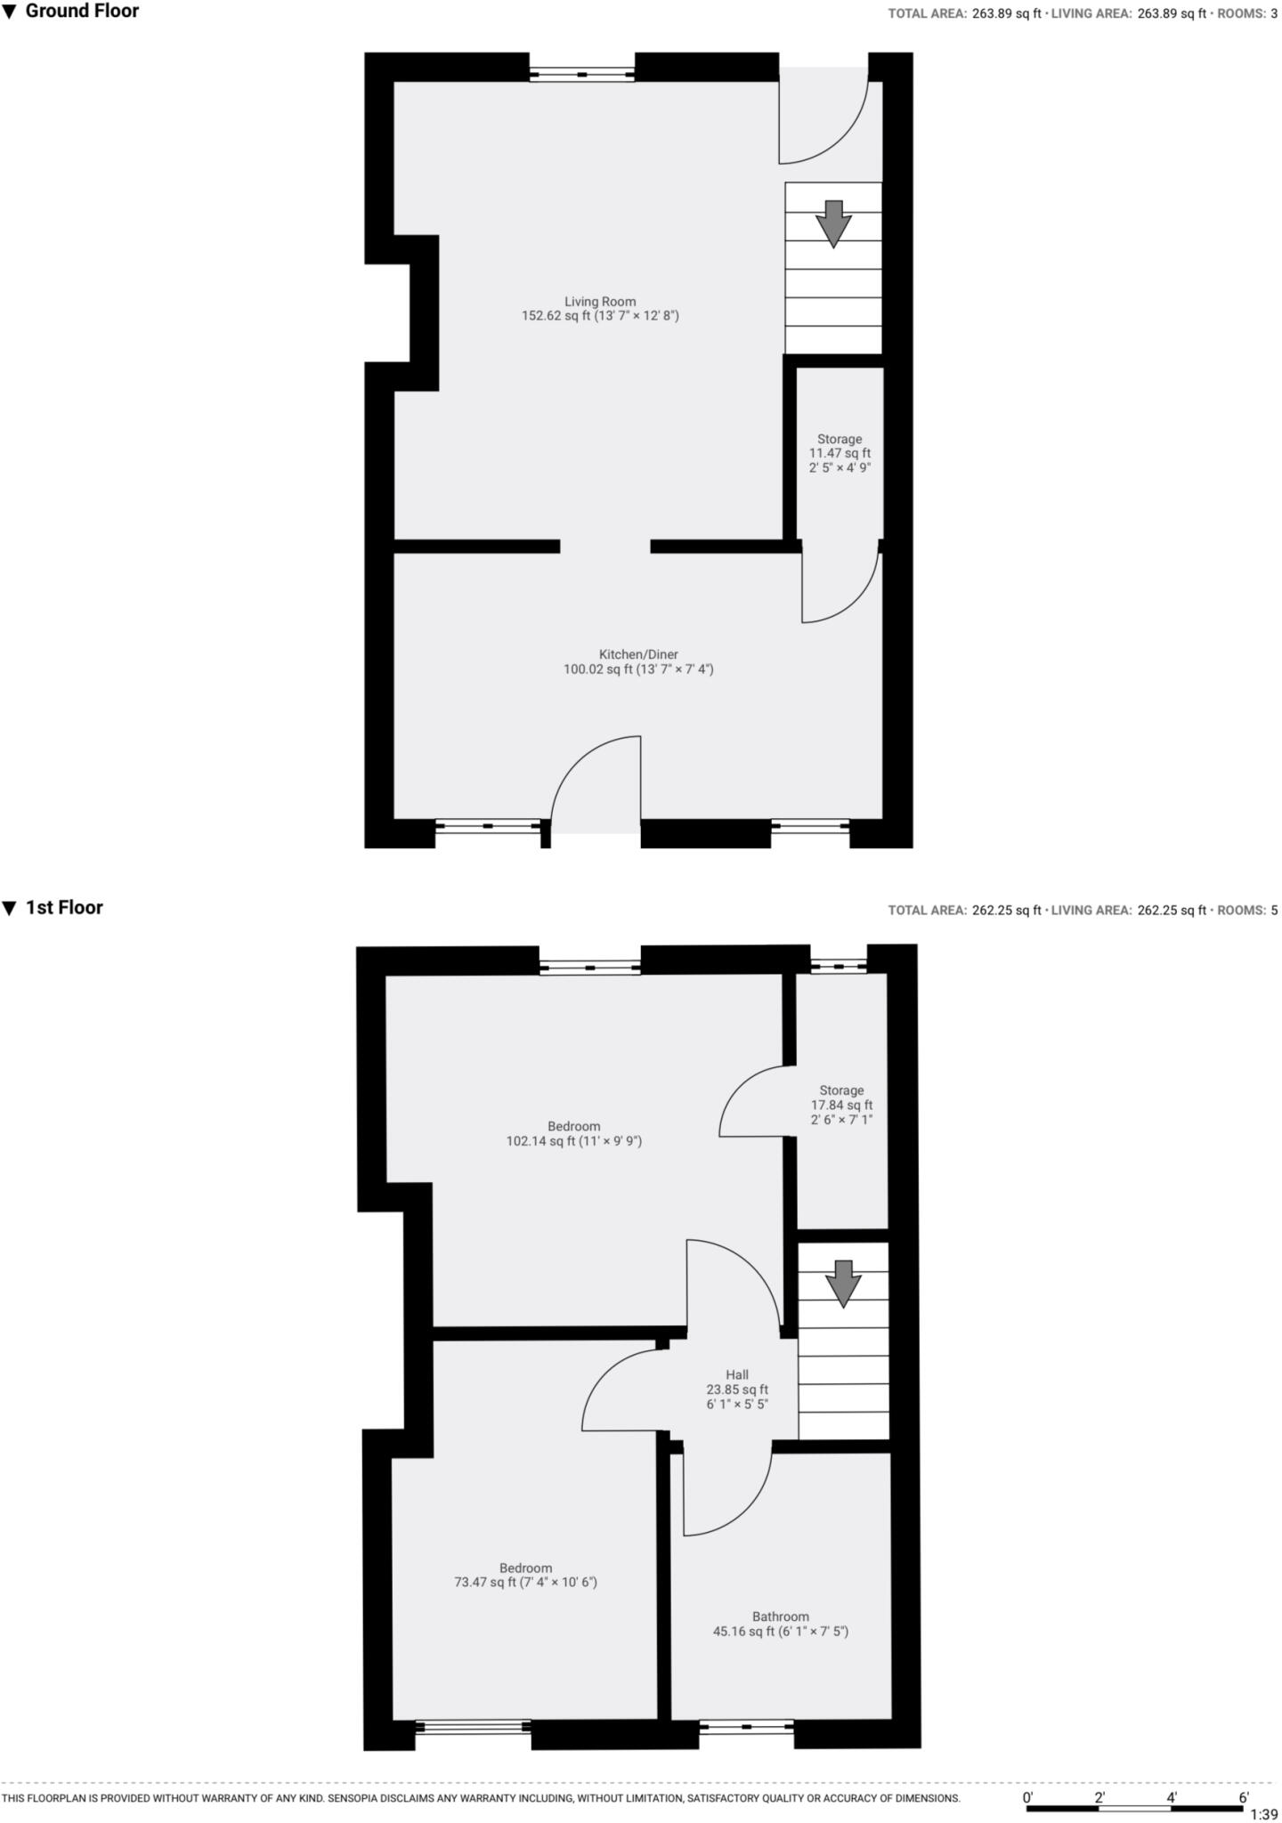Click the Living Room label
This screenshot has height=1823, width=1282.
click(x=600, y=308)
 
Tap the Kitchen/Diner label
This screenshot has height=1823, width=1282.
click(x=638, y=661)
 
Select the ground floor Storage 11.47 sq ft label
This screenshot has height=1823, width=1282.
click(x=840, y=452)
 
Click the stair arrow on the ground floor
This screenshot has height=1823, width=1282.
click(x=833, y=223)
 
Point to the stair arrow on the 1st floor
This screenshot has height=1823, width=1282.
click(x=842, y=1283)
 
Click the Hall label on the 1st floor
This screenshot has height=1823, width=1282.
click(x=737, y=1389)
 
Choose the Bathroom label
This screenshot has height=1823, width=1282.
click(x=781, y=1624)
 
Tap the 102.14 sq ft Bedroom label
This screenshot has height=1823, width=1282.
click(x=574, y=1133)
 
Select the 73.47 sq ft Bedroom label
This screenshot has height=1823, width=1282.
click(x=525, y=1575)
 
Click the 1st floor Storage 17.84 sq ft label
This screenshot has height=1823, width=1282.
click(x=841, y=1105)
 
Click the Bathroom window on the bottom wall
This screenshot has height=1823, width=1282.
click(x=746, y=1728)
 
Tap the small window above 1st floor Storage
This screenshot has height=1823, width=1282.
click(x=838, y=965)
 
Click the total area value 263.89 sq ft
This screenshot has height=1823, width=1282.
click(x=1005, y=13)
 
